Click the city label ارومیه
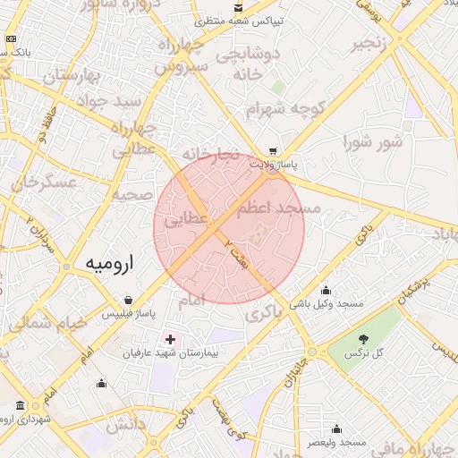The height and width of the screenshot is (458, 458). (x=113, y=264)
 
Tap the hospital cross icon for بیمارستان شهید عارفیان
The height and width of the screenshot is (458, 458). (x=170, y=340)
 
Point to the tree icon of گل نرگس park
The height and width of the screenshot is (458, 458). (x=363, y=339)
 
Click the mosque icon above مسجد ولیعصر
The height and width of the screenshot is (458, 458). (x=336, y=428)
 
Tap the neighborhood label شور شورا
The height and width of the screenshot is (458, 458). (x=374, y=141)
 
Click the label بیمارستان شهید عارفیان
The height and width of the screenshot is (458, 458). (x=170, y=354)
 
